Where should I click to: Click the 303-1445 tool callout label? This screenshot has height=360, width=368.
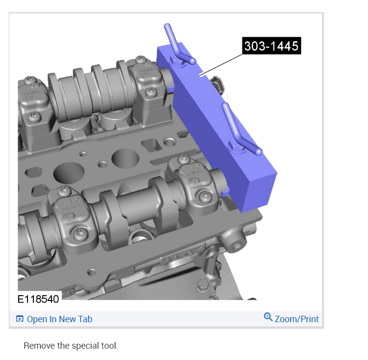click(271, 46)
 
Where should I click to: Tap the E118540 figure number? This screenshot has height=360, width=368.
click(38, 299)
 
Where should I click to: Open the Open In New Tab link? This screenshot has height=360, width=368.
click(59, 319)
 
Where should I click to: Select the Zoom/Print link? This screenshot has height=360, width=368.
click(297, 319)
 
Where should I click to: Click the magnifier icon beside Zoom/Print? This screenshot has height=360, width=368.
click(268, 317)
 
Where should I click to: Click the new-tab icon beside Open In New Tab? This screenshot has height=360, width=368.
click(20, 319)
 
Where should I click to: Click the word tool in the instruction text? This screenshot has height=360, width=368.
click(109, 346)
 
